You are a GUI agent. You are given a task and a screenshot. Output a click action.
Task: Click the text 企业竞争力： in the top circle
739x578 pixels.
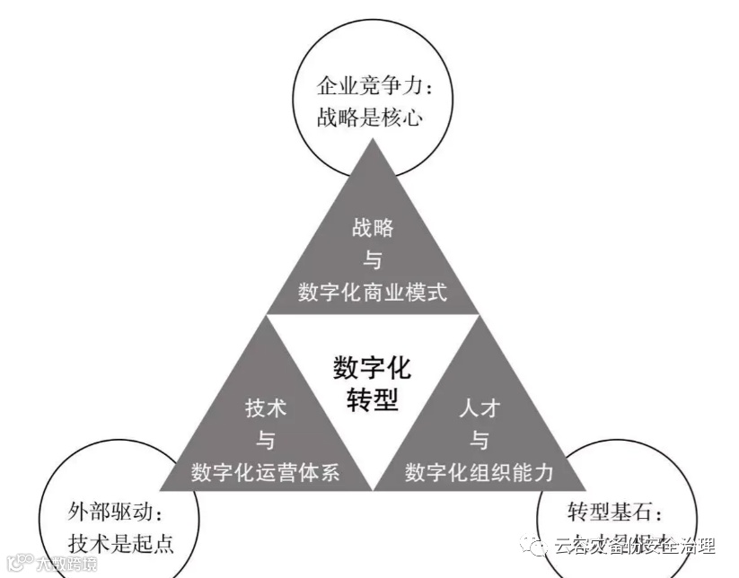[x=371, y=87]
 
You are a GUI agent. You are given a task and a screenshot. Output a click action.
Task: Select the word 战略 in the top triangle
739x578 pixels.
[x=373, y=227]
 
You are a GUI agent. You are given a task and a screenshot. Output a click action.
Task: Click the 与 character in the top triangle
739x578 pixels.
[x=373, y=260]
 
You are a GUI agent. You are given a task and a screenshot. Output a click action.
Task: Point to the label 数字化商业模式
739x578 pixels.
[x=373, y=293]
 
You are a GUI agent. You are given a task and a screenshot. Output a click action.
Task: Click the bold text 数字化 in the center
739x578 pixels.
[x=372, y=368]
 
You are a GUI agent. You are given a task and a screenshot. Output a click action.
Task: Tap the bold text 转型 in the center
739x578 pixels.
[x=372, y=400]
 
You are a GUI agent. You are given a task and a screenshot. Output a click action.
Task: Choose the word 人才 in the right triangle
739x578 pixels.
[x=479, y=407]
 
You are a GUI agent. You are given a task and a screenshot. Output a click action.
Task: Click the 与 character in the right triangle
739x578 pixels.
[x=479, y=441]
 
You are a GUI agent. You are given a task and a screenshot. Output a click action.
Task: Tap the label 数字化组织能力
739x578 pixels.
[x=479, y=473]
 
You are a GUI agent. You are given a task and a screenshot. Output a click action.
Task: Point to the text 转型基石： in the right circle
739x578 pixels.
[x=617, y=514]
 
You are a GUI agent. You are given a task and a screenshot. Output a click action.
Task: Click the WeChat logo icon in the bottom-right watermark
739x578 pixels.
[x=538, y=545]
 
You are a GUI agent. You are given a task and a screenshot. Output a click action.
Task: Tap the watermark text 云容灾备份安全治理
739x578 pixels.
[x=634, y=545]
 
